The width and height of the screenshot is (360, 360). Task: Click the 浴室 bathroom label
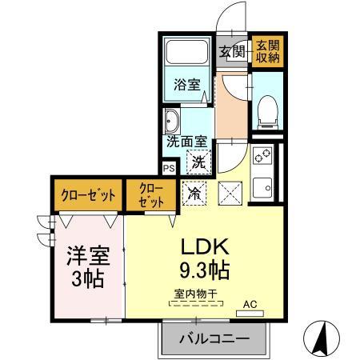click(188, 85)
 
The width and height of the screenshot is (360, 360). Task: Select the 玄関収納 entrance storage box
click(266, 51)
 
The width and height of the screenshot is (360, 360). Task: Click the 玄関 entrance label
click(233, 52)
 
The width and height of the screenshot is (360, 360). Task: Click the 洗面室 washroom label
click(186, 142)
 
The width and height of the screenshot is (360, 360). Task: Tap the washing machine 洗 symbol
click(197, 161)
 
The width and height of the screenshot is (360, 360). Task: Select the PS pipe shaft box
click(169, 168)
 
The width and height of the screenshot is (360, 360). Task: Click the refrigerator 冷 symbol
click(194, 191)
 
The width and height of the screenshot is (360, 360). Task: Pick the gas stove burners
click(262, 156)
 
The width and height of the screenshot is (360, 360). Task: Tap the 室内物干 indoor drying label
click(196, 294)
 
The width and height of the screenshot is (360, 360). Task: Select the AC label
click(250, 304)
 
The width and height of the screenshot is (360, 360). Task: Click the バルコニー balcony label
click(214, 338)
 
